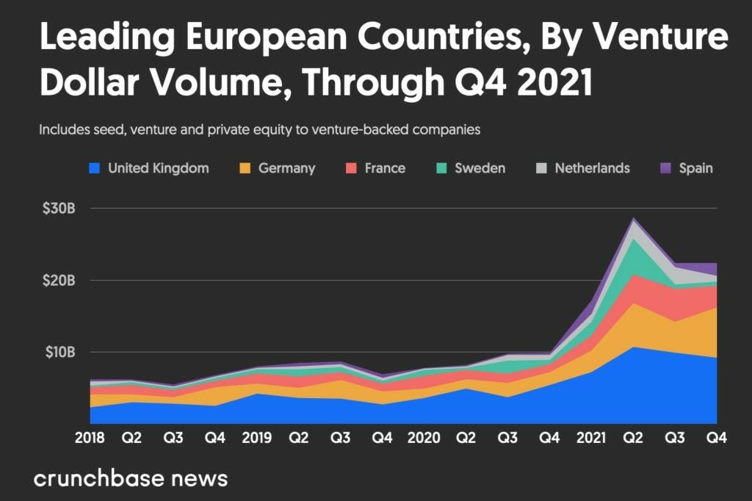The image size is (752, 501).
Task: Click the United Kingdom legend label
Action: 158,168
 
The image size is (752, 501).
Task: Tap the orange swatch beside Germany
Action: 245,168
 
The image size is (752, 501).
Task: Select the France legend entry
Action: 384,168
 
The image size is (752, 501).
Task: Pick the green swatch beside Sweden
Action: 441,168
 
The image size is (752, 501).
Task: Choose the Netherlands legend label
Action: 592,168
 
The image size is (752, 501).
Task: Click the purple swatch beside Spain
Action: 665,168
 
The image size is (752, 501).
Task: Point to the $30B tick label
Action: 58,208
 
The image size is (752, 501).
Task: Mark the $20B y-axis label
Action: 58,280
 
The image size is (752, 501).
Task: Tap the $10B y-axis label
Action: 58,352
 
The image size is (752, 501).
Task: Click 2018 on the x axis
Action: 90,439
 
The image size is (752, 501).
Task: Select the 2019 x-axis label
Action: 256,439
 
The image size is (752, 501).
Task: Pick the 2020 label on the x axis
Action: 424,439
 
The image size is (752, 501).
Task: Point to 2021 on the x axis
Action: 591,439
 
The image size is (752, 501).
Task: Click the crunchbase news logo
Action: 131,479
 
